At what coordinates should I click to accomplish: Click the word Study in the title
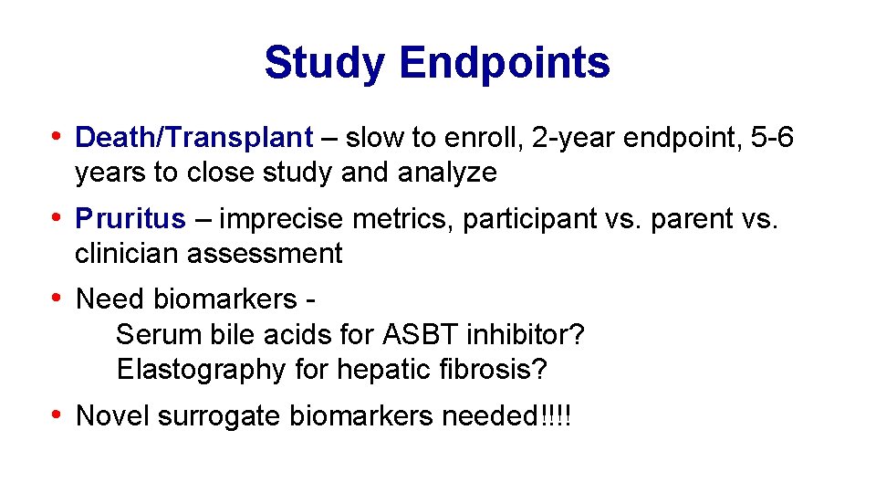(x=325, y=63)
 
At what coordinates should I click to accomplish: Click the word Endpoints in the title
(x=504, y=63)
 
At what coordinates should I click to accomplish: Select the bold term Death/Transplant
(x=193, y=138)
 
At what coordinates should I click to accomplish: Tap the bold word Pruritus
(x=130, y=219)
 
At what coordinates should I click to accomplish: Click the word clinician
(x=127, y=254)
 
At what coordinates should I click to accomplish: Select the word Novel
(x=112, y=416)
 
